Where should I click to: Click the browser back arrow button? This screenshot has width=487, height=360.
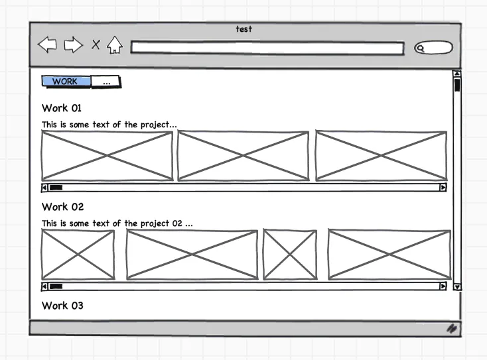47,45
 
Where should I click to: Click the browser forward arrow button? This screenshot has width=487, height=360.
73,45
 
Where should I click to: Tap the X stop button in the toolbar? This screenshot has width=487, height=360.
96,44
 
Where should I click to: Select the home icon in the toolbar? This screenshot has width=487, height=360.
115,45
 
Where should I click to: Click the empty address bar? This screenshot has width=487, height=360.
267,48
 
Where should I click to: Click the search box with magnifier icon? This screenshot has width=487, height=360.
433,48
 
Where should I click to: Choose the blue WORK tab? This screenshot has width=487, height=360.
66,82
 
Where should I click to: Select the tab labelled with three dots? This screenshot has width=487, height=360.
106,82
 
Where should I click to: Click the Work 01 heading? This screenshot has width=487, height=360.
62,108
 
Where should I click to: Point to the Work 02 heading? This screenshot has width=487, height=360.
63,207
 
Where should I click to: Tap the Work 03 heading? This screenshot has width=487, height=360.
63,306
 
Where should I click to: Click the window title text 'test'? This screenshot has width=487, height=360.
243,29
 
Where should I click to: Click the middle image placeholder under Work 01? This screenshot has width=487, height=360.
243,156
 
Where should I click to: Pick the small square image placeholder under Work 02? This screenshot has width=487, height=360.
289,255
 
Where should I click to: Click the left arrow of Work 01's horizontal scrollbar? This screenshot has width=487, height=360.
44,188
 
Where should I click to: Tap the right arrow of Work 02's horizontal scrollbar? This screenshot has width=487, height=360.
443,286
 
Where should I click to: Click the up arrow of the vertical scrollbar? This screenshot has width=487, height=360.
456,74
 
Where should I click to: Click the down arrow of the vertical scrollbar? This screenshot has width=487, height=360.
456,286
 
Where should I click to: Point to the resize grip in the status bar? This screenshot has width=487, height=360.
452,328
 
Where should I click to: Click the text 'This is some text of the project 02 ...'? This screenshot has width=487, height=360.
117,223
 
